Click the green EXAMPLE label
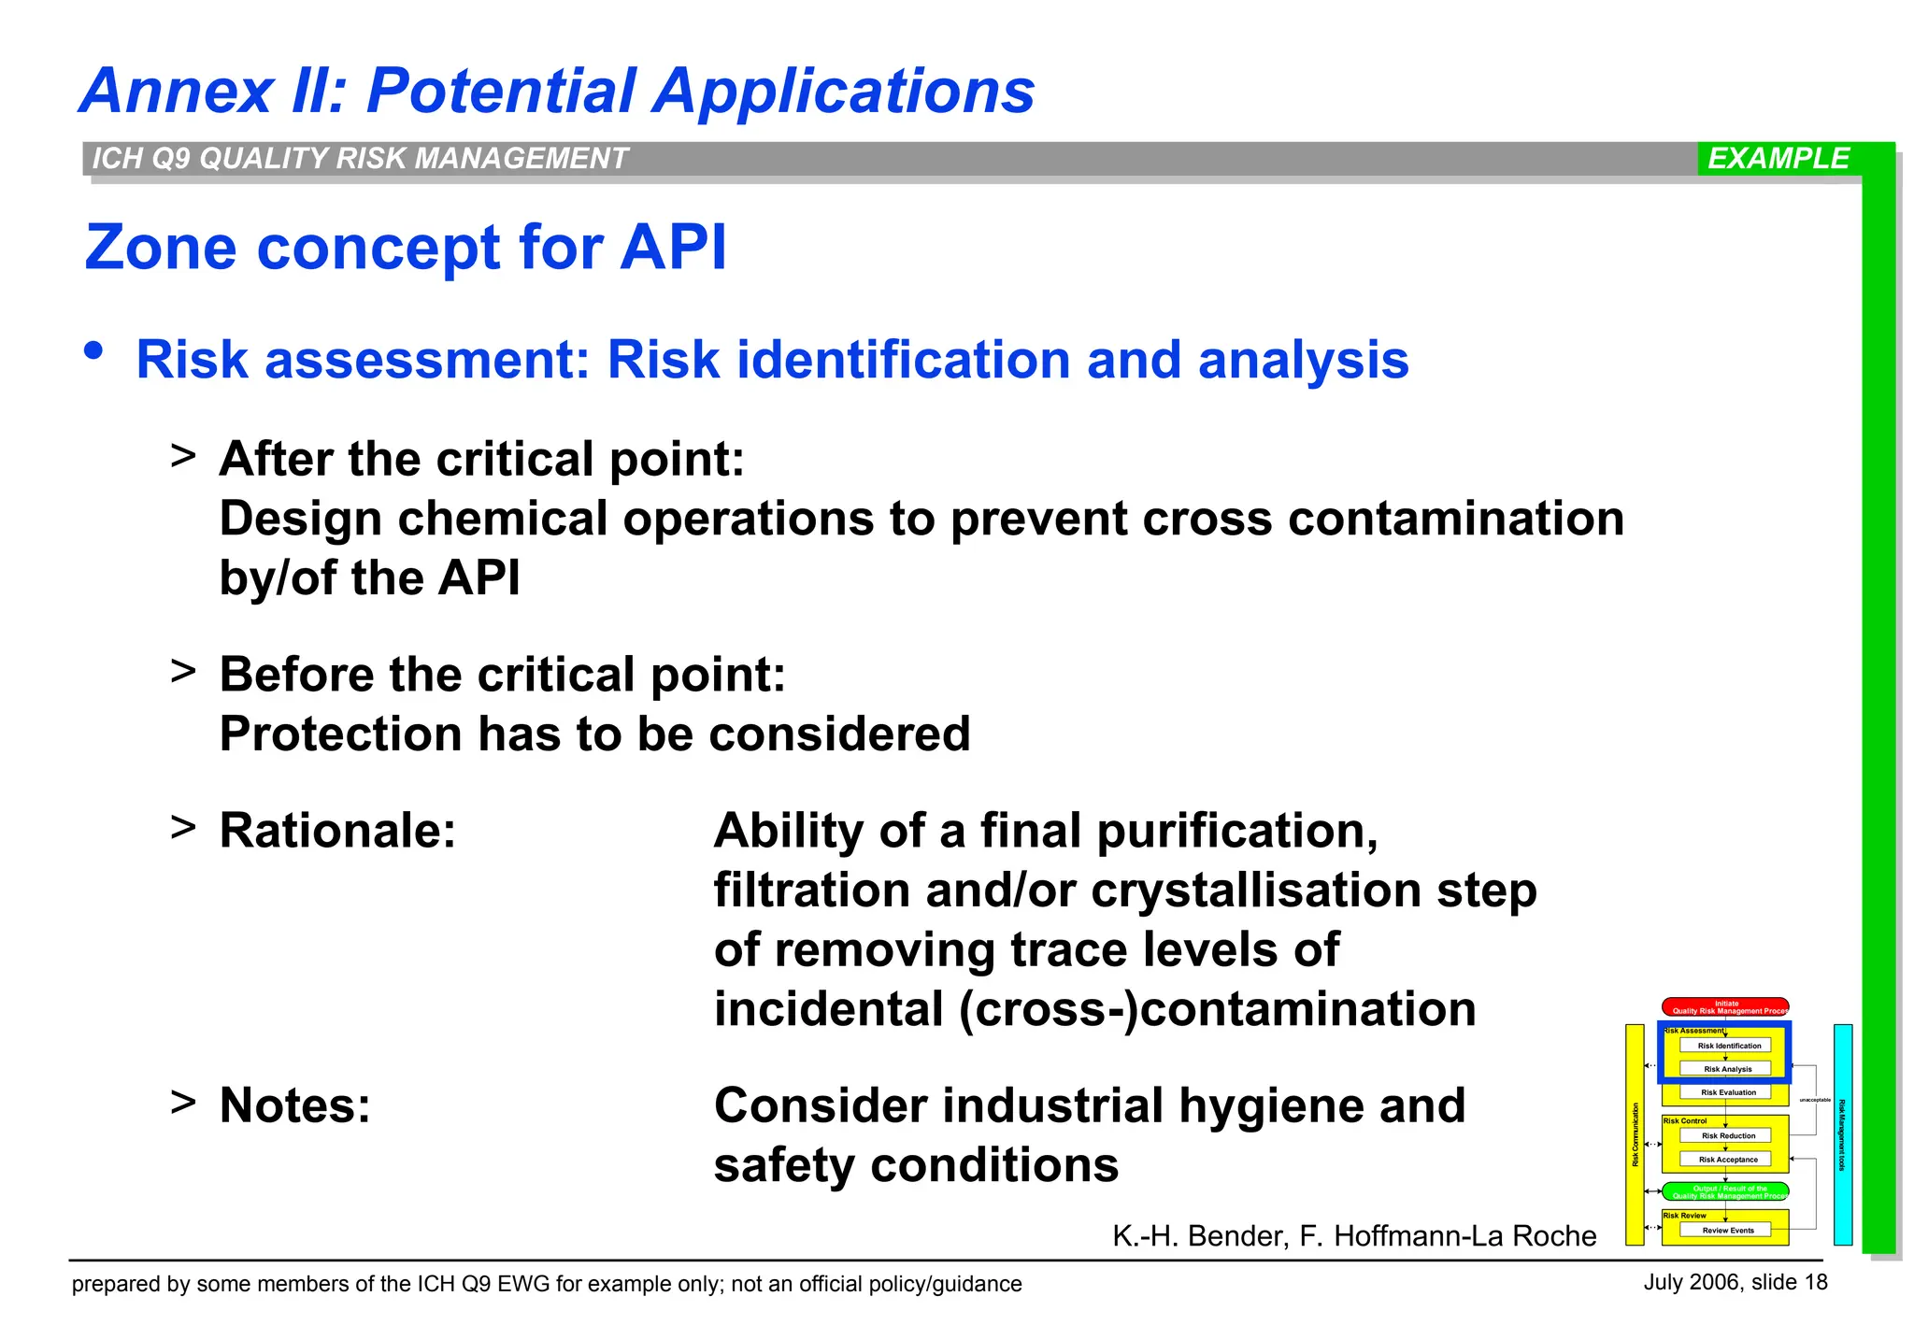coord(1778,158)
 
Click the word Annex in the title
coord(177,92)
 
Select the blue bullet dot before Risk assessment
coord(93,351)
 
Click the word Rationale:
coord(337,831)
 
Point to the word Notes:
coord(294,1105)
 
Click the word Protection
coord(340,734)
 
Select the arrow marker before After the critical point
coord(183,456)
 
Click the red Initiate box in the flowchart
coord(1725,1006)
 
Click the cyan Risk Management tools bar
coord(1842,1134)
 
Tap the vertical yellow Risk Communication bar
coord(1635,1134)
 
